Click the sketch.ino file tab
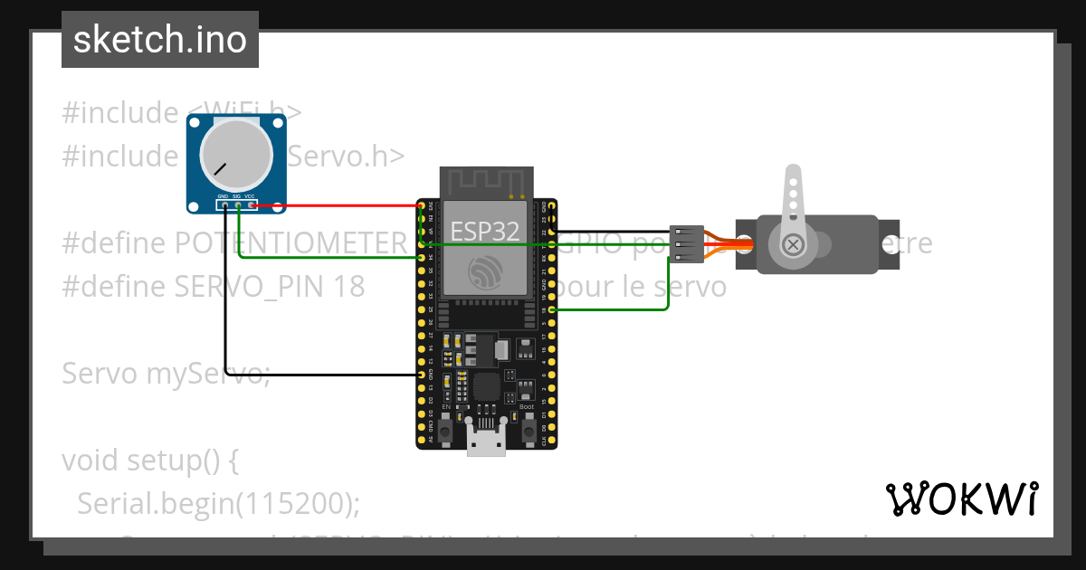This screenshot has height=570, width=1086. (x=160, y=40)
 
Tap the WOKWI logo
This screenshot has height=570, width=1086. (x=961, y=499)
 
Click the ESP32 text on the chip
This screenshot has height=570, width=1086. (x=485, y=231)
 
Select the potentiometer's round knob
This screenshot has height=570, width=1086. (x=236, y=154)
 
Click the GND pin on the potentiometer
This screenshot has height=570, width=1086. (x=224, y=205)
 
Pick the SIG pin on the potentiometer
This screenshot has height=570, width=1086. (x=237, y=205)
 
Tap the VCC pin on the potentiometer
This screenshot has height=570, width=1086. (x=251, y=205)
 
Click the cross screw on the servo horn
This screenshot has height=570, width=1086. (x=794, y=244)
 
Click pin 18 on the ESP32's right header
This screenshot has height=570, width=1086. (x=551, y=309)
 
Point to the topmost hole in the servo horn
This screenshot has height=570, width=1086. (x=793, y=181)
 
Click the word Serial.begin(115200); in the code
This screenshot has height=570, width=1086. (x=217, y=502)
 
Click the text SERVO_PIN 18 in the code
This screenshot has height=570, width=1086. (x=268, y=287)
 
